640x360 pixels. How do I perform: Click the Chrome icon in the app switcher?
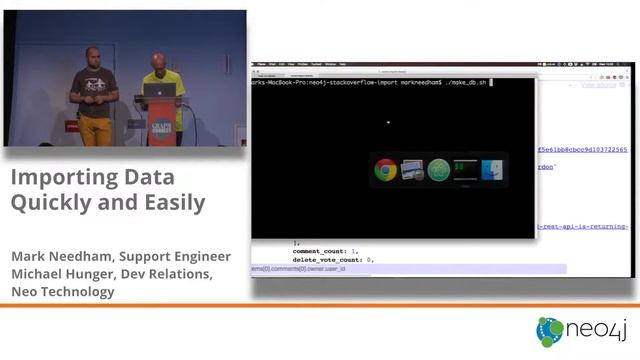click(x=385, y=170)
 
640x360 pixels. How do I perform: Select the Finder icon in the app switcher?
click(x=493, y=171)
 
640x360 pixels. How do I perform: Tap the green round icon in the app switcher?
click(x=439, y=170)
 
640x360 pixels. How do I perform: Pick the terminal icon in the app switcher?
click(x=465, y=170)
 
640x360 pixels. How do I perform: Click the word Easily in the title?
click(x=172, y=203)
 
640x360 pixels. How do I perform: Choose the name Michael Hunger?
click(x=68, y=274)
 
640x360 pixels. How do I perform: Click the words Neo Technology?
click(x=62, y=292)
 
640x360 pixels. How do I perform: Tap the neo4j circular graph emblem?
click(x=550, y=331)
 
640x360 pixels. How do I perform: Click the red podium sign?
click(x=161, y=122)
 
